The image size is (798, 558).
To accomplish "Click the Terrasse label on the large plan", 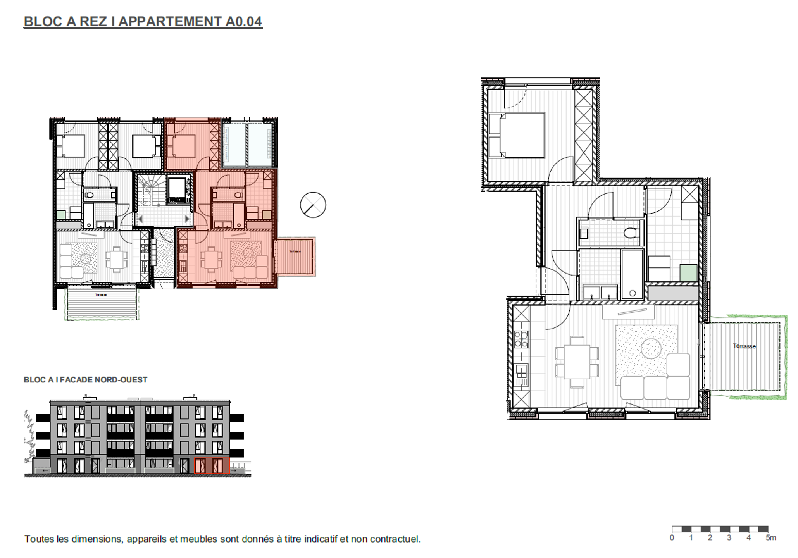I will [744, 346].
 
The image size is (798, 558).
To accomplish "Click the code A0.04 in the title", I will [243, 22].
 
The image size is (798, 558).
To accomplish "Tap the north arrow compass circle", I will [313, 205].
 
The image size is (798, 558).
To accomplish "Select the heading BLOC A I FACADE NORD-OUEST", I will [85, 380].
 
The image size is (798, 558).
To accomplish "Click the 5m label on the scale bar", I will [770, 538].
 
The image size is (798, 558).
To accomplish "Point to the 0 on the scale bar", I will [672, 538].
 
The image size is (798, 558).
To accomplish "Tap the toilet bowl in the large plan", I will [631, 233].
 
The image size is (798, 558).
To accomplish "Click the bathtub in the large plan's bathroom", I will [632, 275].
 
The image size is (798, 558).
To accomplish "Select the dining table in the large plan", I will [577, 362].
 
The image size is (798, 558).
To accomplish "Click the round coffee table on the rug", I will [651, 348].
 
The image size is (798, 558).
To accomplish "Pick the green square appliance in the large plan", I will [688, 273].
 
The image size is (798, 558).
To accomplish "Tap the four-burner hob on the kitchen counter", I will [521, 339].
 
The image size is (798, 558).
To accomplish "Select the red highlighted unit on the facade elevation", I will [212, 465].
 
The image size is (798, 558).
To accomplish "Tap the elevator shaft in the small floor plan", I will [178, 189].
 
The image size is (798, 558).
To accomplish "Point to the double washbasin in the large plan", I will [600, 292].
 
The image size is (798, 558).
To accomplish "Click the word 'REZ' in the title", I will [93, 22].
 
